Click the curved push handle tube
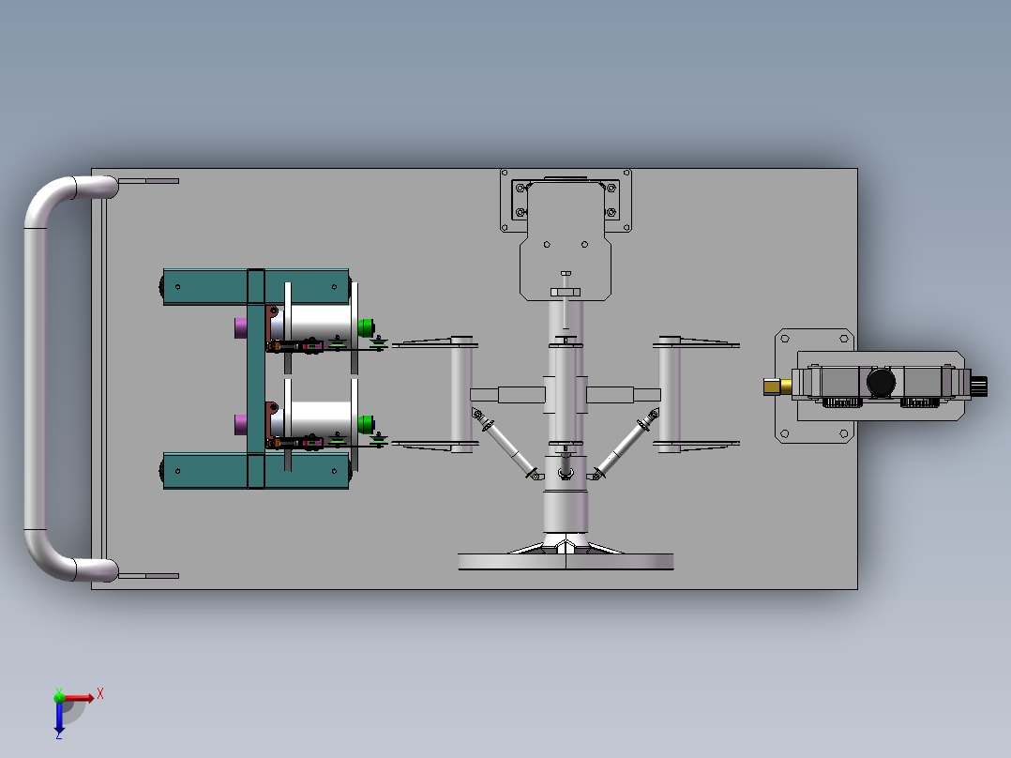point(35,378)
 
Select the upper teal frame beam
point(256,286)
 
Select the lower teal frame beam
point(256,470)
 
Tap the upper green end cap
point(366,327)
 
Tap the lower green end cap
point(366,424)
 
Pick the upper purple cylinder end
point(240,327)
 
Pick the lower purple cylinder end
point(240,424)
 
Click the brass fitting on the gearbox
point(777,387)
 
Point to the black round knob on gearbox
point(881,383)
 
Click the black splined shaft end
point(979,387)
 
